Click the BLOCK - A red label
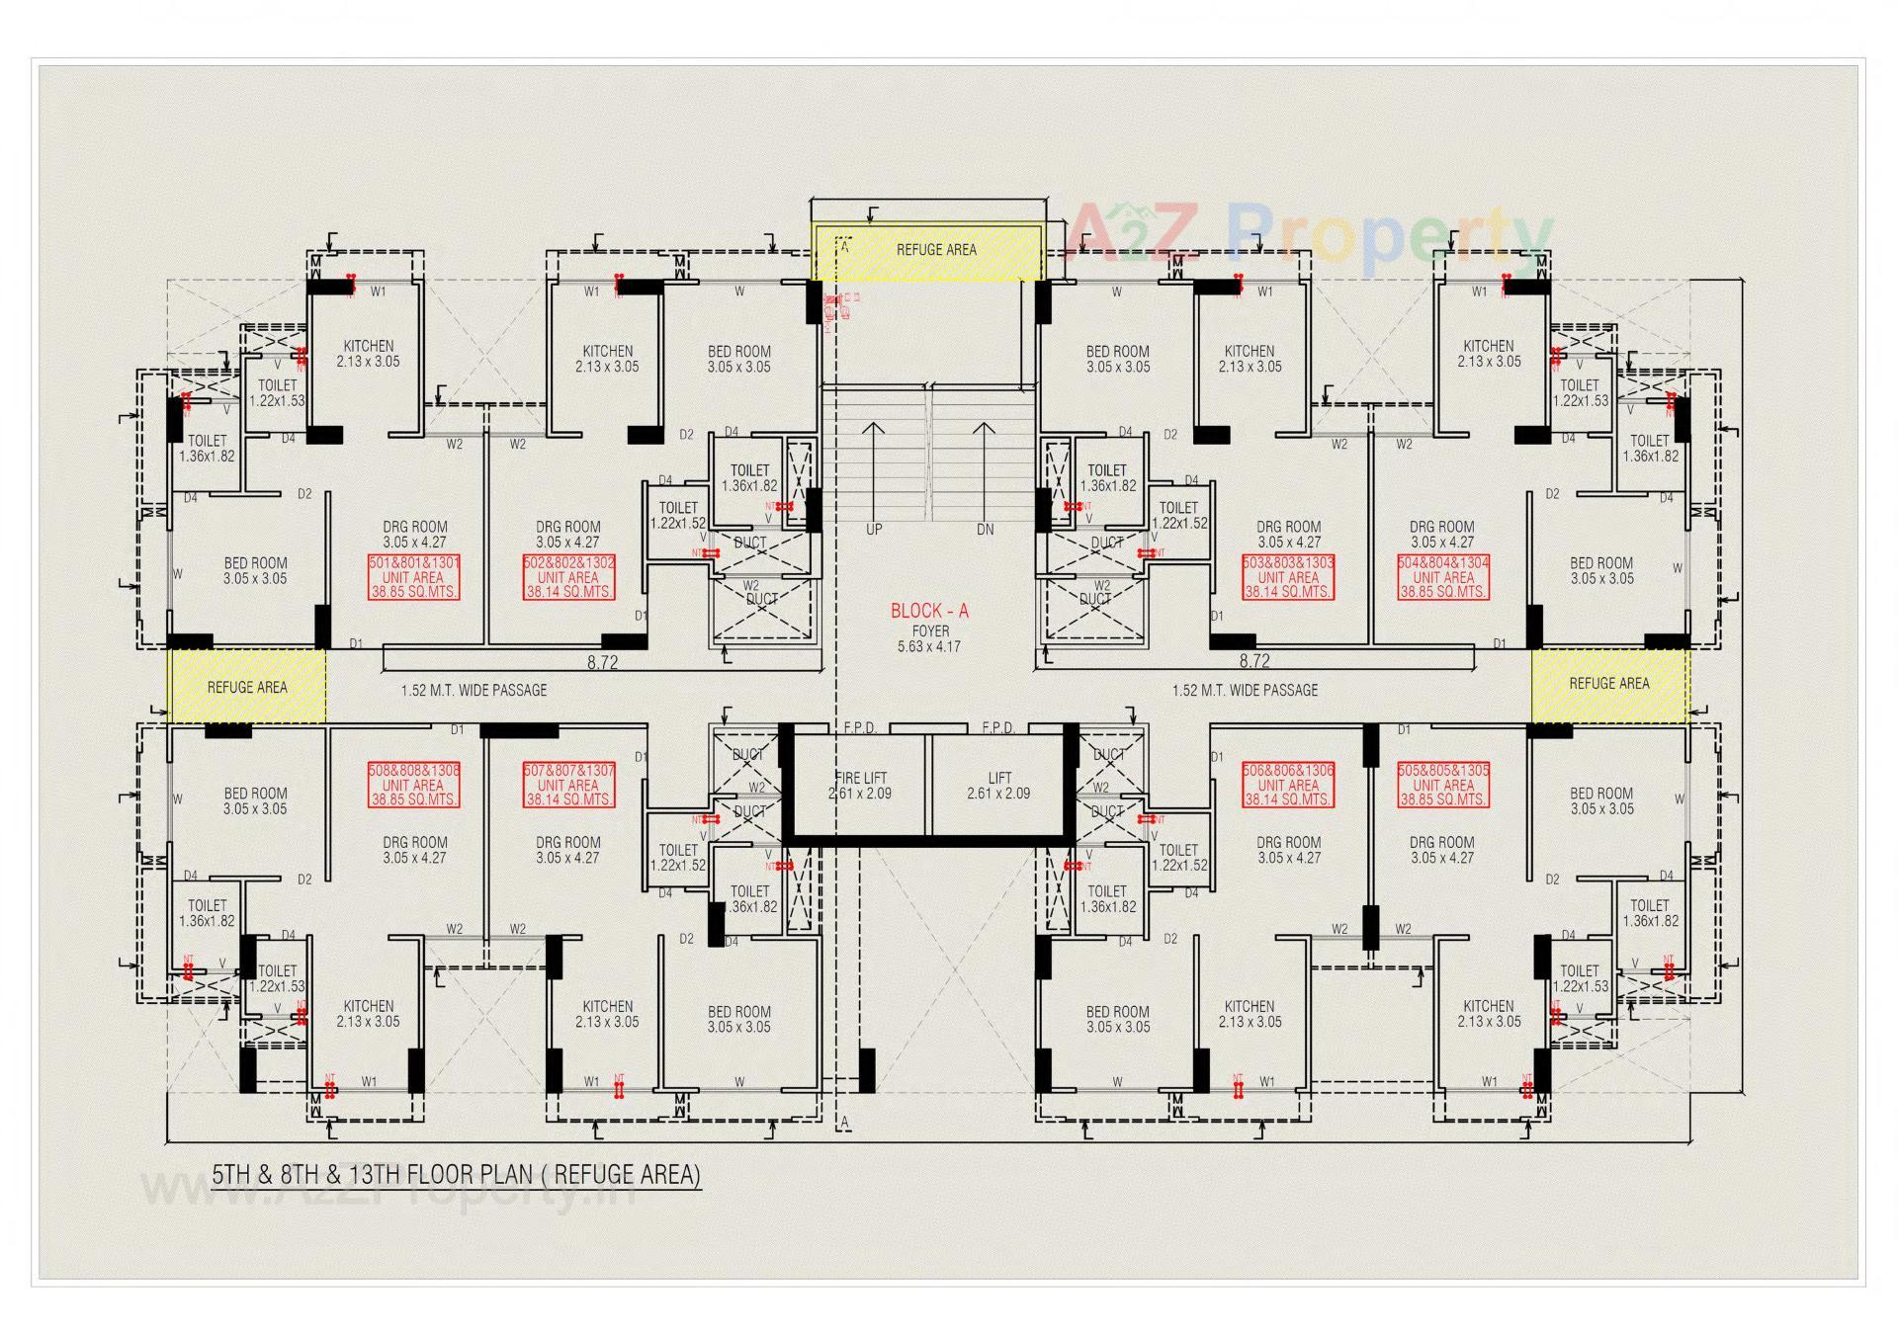[x=929, y=612]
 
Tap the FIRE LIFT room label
[x=860, y=786]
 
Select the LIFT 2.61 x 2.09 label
[x=998, y=786]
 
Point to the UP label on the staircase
[x=874, y=530]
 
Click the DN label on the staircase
[x=985, y=530]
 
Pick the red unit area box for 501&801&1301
[x=413, y=577]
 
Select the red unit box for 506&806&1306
[x=1288, y=785]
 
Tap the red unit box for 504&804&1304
[x=1443, y=577]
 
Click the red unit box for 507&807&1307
[x=568, y=785]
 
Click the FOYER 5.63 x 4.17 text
[x=929, y=639]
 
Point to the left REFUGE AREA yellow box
[x=246, y=687]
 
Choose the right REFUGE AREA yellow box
[x=1609, y=684]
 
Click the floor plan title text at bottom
[x=456, y=1174]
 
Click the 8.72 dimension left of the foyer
[x=602, y=662]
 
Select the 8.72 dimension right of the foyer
[x=1254, y=661]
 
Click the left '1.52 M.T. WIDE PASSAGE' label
[x=474, y=690]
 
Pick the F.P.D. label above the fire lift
[x=860, y=728]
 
